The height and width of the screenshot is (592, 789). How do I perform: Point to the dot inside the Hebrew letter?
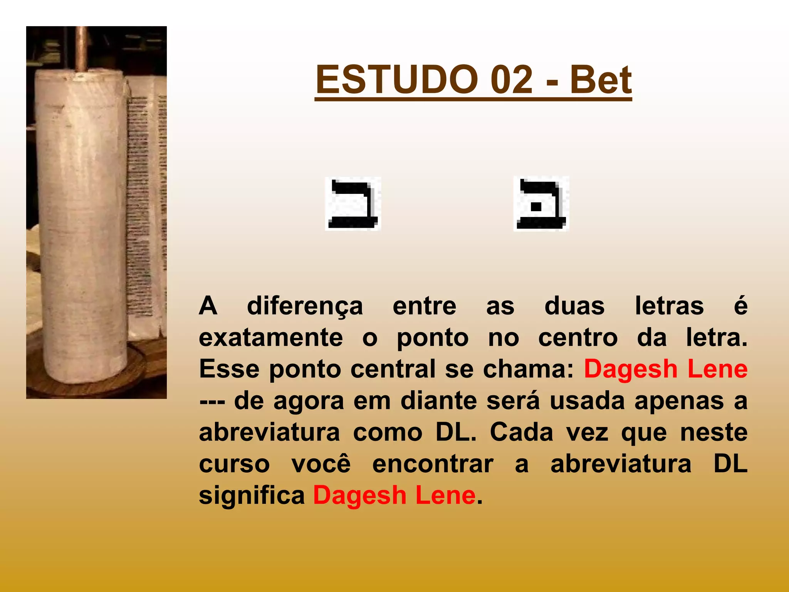point(536,207)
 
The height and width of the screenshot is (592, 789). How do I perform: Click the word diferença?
point(305,306)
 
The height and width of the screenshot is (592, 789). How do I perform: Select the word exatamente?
point(271,338)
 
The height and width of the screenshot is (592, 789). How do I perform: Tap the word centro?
point(578,338)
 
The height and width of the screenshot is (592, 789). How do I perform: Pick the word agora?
point(309,401)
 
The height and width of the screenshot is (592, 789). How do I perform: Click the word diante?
point(439,401)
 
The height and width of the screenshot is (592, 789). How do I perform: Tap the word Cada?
point(522,432)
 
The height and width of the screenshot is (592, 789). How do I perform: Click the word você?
point(321,464)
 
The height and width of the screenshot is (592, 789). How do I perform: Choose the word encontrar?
point(433,464)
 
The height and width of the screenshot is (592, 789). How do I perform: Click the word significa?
point(252,495)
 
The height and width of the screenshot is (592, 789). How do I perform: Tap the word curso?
point(234,464)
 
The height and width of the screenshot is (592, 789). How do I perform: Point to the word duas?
point(574,306)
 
